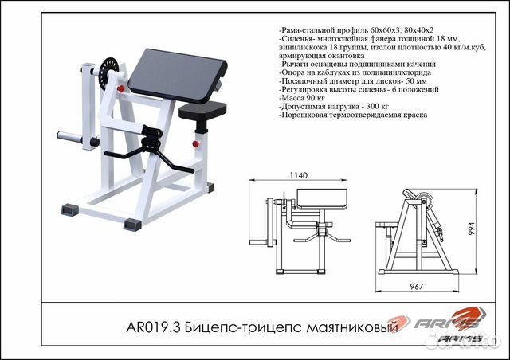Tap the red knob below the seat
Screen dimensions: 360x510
point(194,143)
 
